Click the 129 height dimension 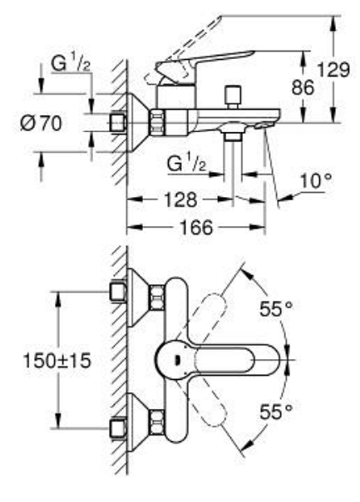pos(333,70)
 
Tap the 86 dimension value pos(303,87)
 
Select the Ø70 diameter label pos(41,123)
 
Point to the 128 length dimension pos(180,199)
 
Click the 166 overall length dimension pos(196,227)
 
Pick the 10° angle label pos(316,181)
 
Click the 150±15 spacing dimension pos(57,361)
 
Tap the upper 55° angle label pos(276,309)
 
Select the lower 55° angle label pos(276,411)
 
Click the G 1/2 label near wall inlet pos(71,64)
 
